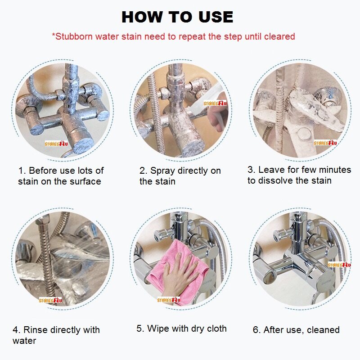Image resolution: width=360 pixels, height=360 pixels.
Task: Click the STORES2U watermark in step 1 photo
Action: coord(56,144)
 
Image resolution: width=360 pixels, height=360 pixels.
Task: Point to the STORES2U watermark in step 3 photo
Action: coord(325,143)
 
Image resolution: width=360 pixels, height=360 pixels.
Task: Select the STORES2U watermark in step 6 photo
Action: coord(339,265)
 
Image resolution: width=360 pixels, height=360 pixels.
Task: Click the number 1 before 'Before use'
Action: coord(21,171)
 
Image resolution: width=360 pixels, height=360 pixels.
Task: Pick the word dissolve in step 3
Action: coord(275,180)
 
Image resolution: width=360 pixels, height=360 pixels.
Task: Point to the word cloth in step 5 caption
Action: coord(217,328)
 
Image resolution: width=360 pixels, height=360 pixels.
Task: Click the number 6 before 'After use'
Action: coord(256,330)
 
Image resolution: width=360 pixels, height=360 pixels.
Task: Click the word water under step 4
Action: coord(24,341)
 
